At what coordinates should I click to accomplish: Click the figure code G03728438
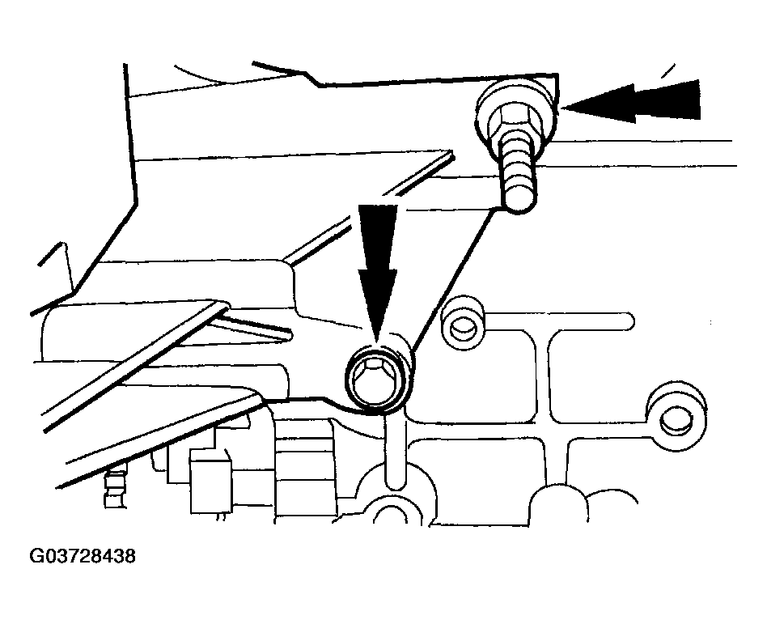point(83,557)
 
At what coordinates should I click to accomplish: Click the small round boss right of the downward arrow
point(463,323)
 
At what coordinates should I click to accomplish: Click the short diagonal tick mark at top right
point(668,71)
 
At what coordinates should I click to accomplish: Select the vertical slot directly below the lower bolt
point(396,452)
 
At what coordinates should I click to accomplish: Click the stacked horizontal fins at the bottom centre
point(304,465)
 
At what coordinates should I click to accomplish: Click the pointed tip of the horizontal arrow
point(563,108)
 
